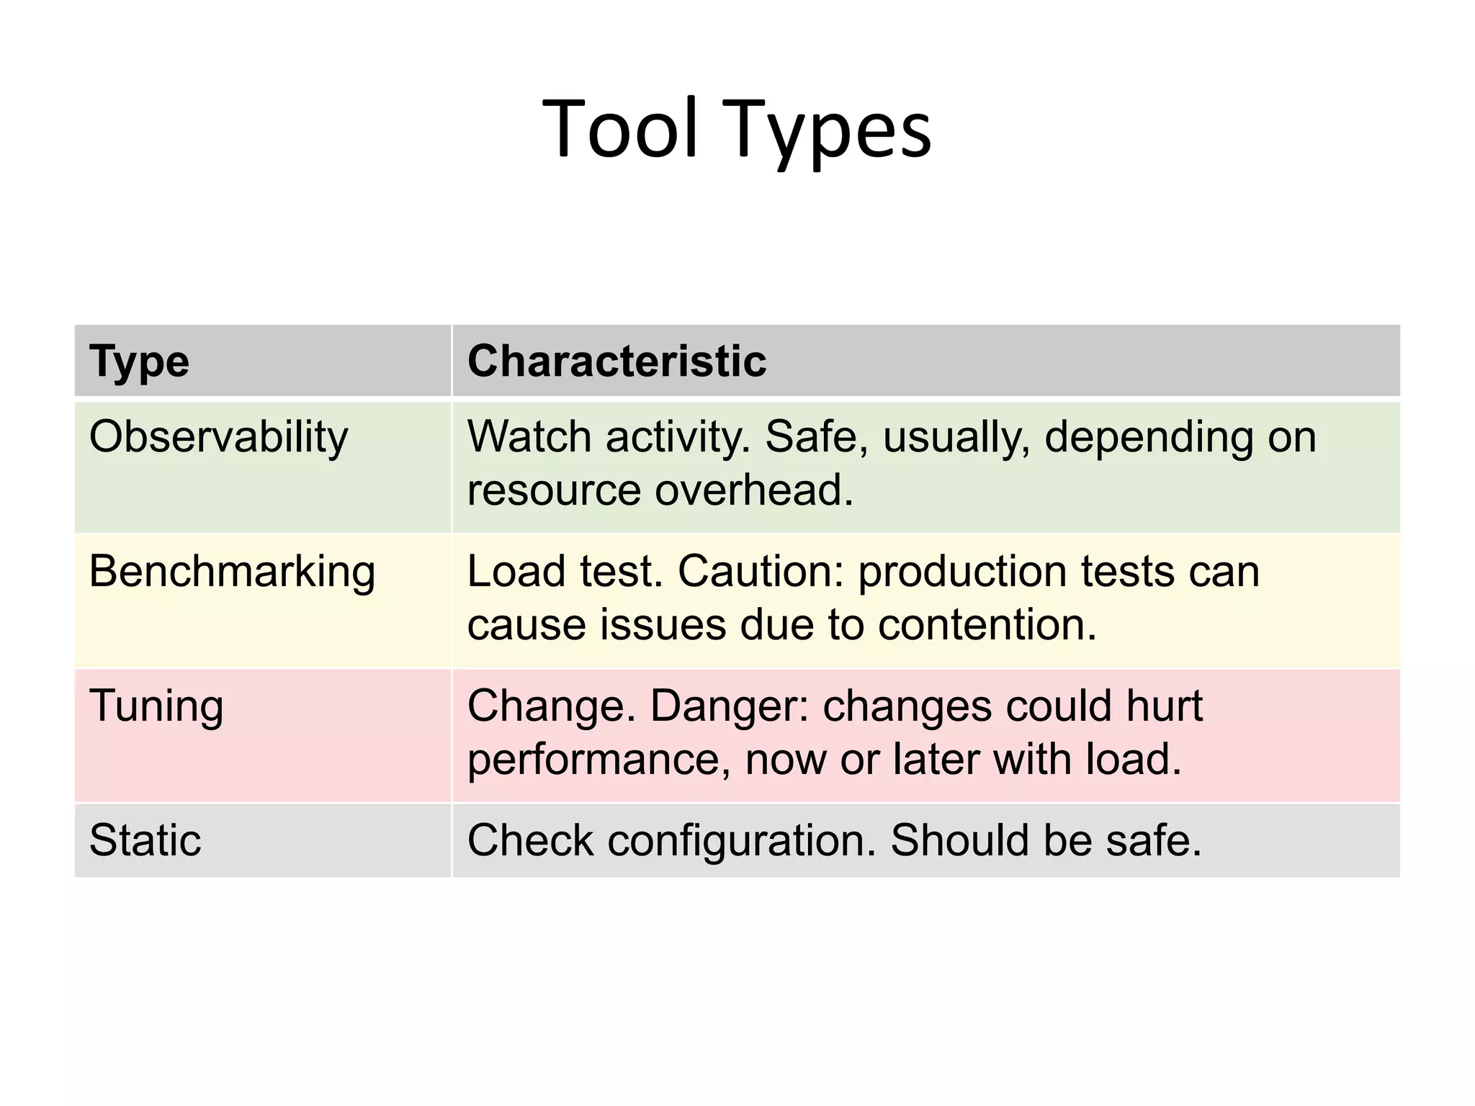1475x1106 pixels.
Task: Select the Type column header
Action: [x=139, y=361]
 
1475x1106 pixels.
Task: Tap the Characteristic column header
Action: [x=617, y=361]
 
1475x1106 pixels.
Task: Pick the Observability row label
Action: [x=218, y=438]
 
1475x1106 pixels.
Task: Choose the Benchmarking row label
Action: [x=232, y=572]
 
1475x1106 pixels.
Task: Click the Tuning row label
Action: [x=156, y=706]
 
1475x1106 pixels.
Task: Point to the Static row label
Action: [x=145, y=840]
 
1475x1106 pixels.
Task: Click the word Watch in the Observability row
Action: [x=529, y=437]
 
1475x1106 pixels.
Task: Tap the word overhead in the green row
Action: [x=753, y=490]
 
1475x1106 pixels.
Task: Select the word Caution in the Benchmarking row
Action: [x=760, y=572]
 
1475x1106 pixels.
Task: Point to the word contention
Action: [x=987, y=624]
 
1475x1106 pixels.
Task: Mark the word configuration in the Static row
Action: [x=741, y=841]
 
